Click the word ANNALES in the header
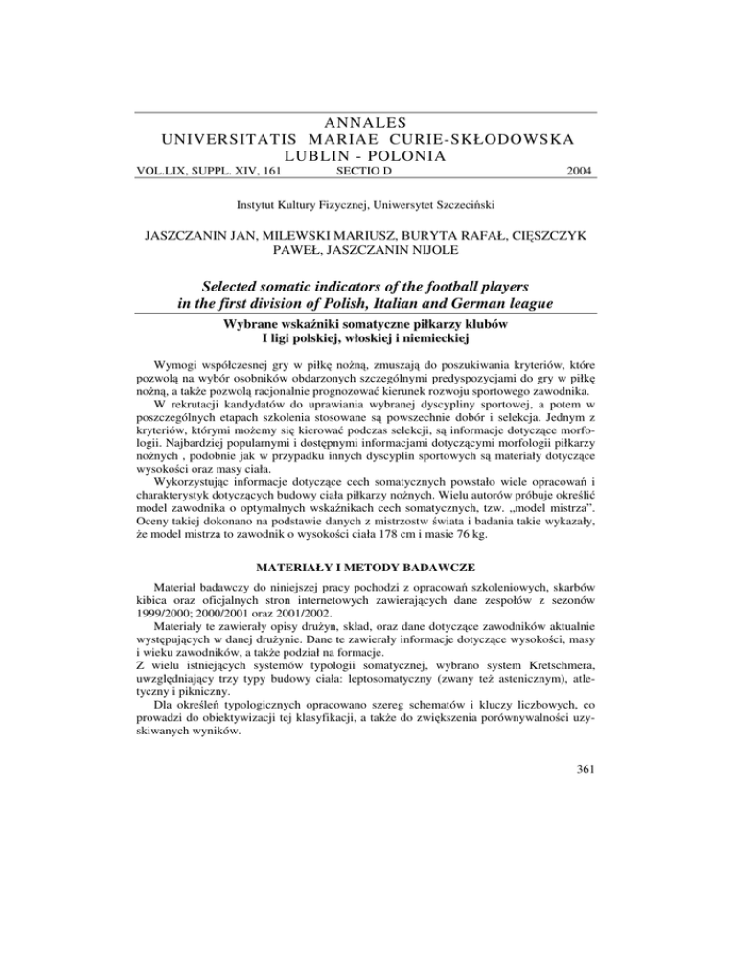(x=367, y=122)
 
